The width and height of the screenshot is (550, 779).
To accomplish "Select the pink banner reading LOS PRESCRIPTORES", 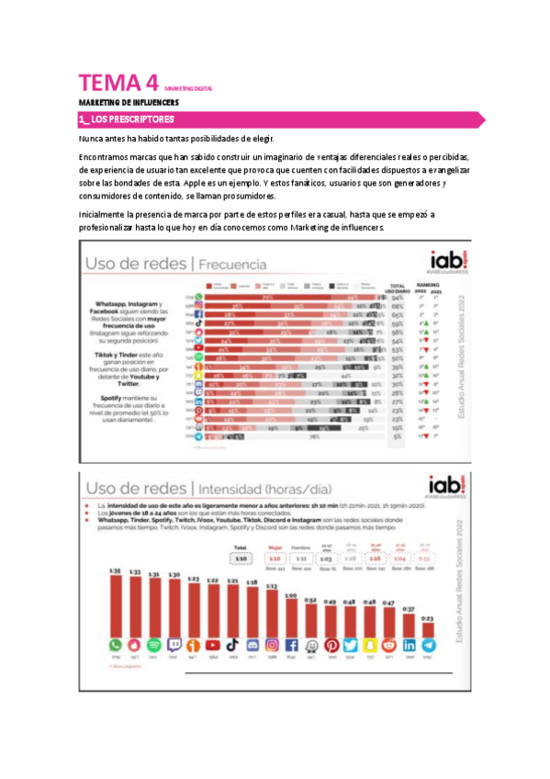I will pyautogui.click(x=275, y=119).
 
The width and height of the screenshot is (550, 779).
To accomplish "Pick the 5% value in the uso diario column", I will pyautogui.click(x=397, y=438).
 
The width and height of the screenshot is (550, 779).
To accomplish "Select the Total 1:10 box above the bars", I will pyautogui.click(x=241, y=557).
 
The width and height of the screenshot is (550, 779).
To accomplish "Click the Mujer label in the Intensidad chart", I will pyautogui.click(x=274, y=548).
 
